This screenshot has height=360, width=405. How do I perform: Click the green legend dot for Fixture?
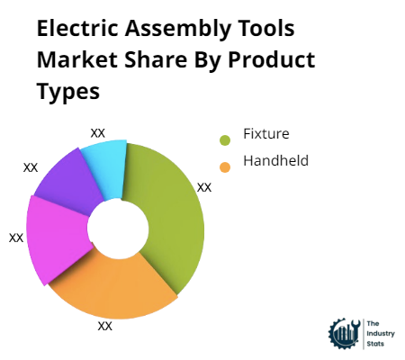coord(224,139)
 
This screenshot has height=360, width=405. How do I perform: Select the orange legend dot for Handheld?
coord(224,165)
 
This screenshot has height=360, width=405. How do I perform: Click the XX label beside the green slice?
coord(204,187)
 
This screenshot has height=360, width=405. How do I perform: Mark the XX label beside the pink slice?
coord(16,238)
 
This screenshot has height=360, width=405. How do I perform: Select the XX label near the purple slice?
coord(31,167)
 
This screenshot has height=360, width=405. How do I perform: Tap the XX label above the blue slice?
coord(98,132)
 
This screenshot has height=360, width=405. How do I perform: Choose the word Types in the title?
coord(66,91)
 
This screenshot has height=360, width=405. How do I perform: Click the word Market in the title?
coord(76,60)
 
